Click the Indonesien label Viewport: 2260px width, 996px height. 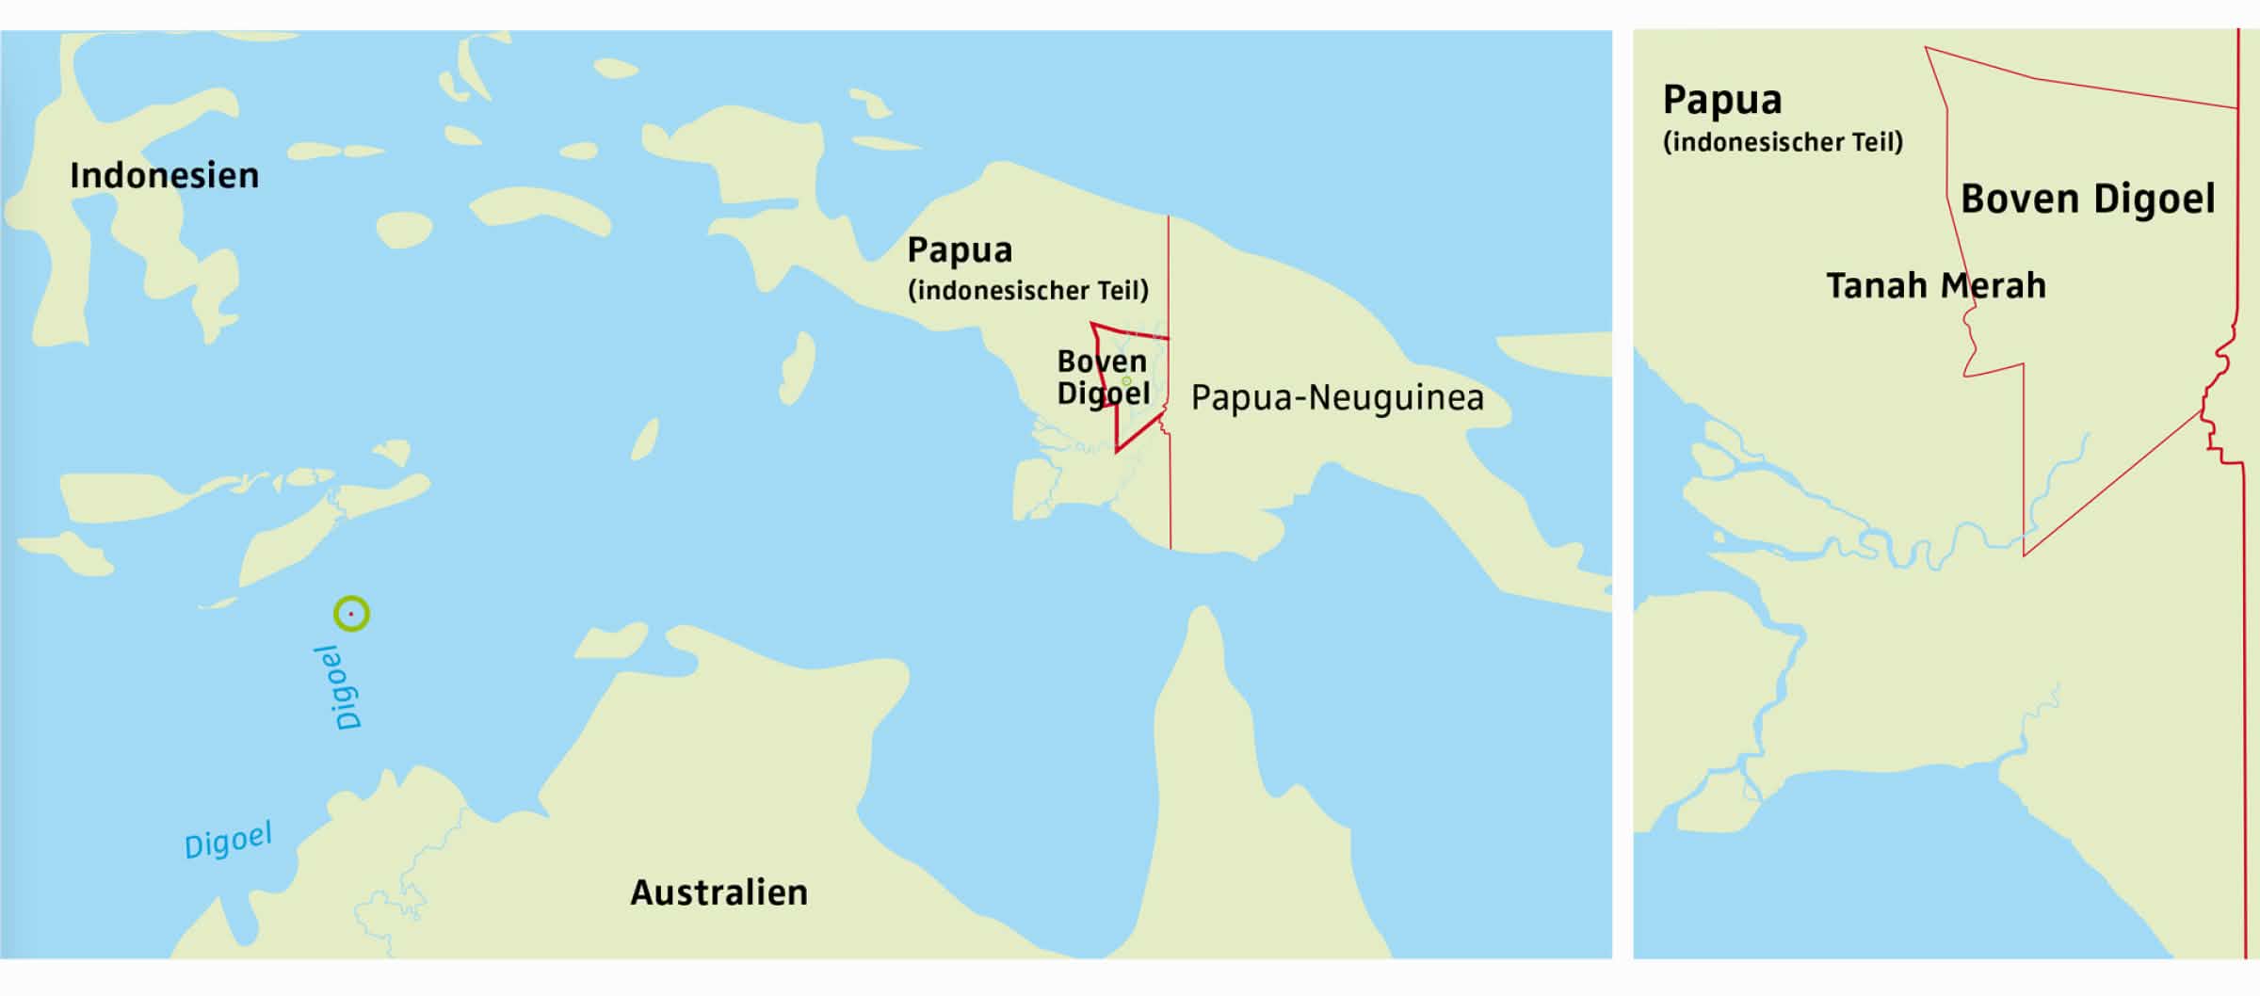tap(164, 176)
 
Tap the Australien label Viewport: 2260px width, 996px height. tap(718, 892)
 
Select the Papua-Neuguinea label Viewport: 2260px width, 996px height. tap(1337, 398)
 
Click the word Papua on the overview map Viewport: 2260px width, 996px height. tap(960, 250)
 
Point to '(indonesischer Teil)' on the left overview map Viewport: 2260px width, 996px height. tap(1027, 290)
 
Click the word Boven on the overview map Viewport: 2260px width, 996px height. tap(1101, 361)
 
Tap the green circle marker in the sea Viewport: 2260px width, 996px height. tap(351, 614)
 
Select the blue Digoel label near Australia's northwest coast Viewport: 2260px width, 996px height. tap(228, 840)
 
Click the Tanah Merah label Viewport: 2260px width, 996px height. tap(1935, 285)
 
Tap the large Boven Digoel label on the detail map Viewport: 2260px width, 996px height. tap(2087, 200)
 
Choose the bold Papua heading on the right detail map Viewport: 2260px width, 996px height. tap(1721, 101)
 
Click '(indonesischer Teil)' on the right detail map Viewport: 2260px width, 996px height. tap(1782, 142)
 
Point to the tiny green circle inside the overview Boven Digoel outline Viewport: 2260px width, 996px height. tap(1126, 381)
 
